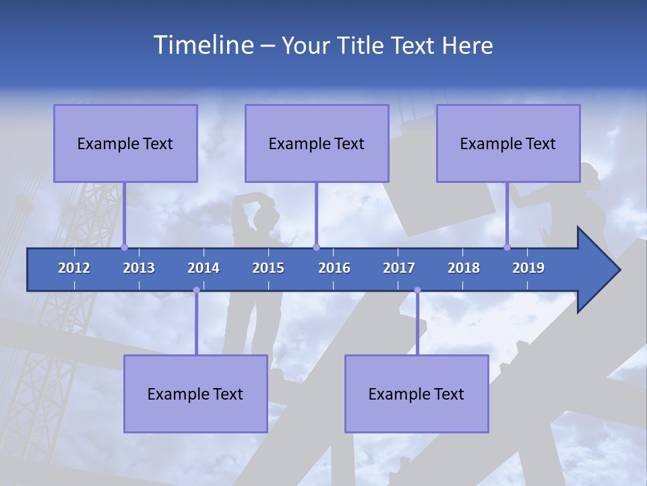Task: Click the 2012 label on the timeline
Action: click(74, 268)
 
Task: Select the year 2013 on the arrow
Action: click(139, 268)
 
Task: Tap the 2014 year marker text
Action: click(204, 268)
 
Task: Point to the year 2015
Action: click(268, 268)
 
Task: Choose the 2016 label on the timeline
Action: click(334, 268)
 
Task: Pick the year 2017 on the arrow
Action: click(399, 268)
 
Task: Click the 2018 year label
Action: click(464, 268)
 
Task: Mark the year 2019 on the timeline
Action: click(528, 268)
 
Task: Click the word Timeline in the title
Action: click(203, 45)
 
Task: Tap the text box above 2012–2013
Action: click(125, 144)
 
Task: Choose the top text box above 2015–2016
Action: click(317, 144)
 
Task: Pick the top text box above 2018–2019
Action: click(508, 144)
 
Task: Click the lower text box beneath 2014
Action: click(195, 394)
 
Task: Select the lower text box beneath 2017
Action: click(417, 394)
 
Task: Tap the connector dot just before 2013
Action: click(124, 247)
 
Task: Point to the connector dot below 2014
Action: click(196, 290)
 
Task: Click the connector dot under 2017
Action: click(417, 290)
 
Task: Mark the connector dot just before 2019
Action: click(507, 247)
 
